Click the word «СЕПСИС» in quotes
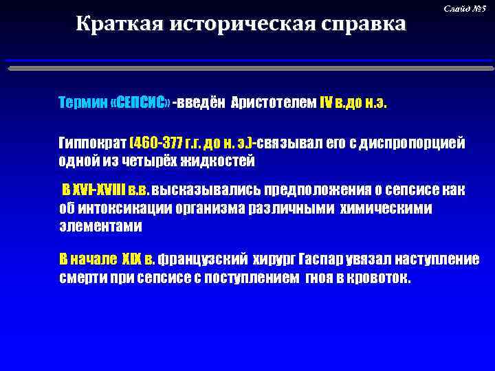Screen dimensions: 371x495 click(140, 103)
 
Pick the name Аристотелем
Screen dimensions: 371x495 click(274, 103)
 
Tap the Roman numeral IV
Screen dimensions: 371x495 click(326, 103)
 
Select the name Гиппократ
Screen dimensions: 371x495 click(93, 144)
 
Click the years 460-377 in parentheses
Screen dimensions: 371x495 click(157, 144)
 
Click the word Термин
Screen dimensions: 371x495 click(82, 103)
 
